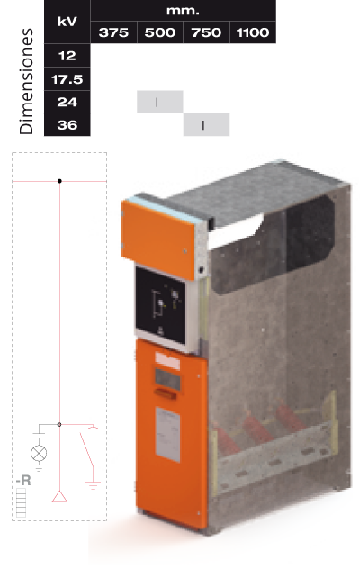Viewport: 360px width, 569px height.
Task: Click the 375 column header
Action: pyautogui.click(x=113, y=32)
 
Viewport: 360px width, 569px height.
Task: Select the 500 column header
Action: pyautogui.click(x=160, y=32)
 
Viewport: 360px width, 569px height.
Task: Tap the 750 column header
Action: pyautogui.click(x=206, y=32)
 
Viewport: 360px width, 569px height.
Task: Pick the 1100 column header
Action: pyautogui.click(x=253, y=32)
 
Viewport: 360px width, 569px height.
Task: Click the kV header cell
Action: pyautogui.click(x=67, y=22)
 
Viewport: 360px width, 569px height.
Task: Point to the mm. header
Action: pyautogui.click(x=183, y=11)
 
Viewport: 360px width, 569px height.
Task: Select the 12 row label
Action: pyautogui.click(x=67, y=56)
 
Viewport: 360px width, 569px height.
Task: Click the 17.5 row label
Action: pyautogui.click(x=67, y=78)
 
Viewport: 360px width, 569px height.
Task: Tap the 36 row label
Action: pyautogui.click(x=67, y=125)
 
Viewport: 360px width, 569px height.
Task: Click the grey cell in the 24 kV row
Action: pyautogui.click(x=160, y=102)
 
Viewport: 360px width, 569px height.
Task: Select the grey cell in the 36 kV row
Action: pyautogui.click(x=206, y=125)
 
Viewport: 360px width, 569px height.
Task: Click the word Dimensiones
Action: pyautogui.click(x=26, y=81)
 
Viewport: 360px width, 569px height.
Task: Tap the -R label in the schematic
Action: pyautogui.click(x=23, y=481)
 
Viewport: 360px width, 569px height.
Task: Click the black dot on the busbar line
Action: pyautogui.click(x=59, y=181)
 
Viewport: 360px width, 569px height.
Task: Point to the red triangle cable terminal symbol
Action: pyautogui.click(x=59, y=496)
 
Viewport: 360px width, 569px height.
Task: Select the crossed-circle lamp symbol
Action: pyautogui.click(x=39, y=453)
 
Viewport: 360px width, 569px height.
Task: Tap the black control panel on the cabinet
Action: pyautogui.click(x=160, y=306)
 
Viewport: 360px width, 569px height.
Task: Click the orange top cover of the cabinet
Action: pyautogui.click(x=158, y=239)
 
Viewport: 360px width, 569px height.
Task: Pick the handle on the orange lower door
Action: pyautogui.click(x=166, y=393)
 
